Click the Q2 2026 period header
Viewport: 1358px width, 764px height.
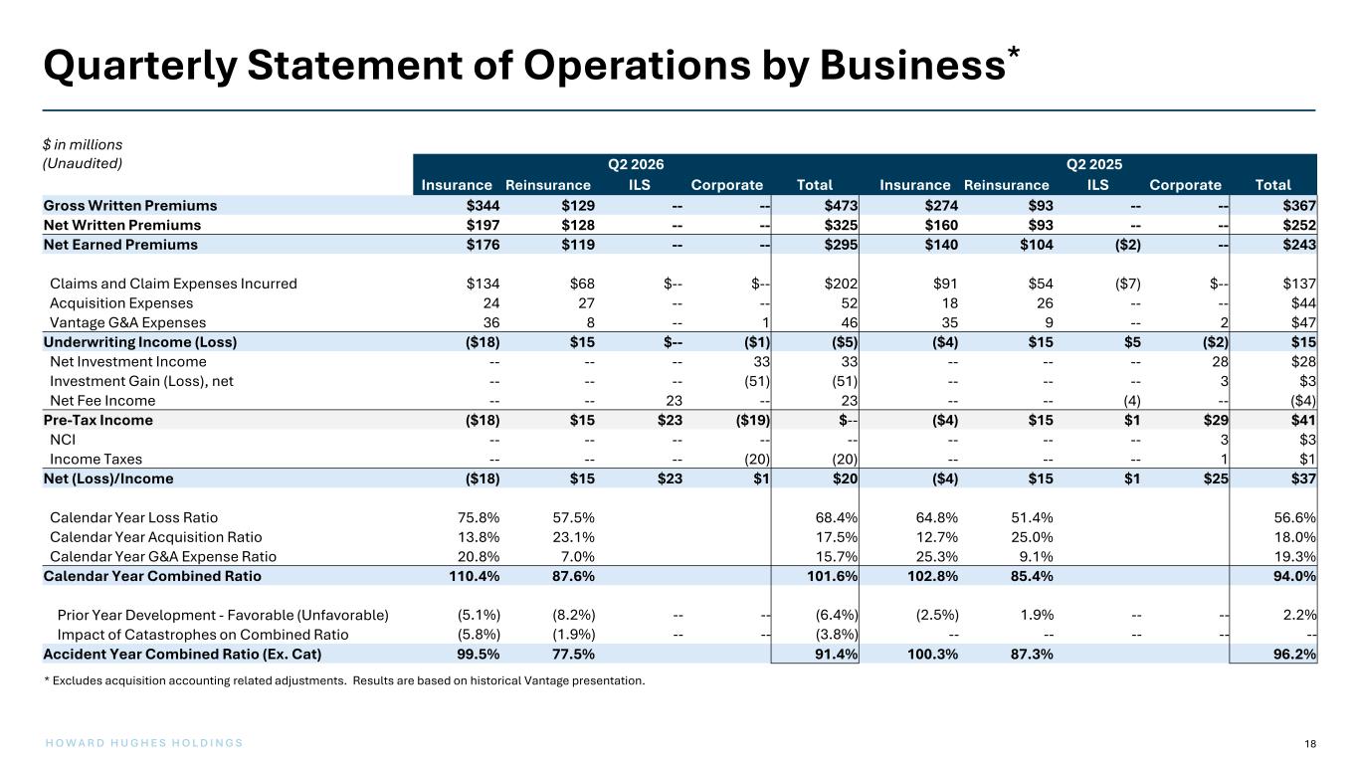[636, 164]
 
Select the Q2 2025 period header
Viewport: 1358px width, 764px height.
[1094, 164]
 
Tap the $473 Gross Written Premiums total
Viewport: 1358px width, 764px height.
[841, 206]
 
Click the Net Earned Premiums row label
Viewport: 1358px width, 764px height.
[120, 245]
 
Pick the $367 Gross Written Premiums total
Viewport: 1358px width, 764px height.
[1299, 206]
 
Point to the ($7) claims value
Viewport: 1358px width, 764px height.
[1127, 284]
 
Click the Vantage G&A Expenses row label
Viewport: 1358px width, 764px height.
[128, 322]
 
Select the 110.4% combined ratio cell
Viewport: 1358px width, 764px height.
[475, 576]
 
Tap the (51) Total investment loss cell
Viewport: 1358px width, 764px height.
[845, 381]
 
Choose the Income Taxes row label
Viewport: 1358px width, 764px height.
[96, 459]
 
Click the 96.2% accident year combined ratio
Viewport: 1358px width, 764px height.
[1294, 655]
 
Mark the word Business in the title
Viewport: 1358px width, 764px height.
[913, 65]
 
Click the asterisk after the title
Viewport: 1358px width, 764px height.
[1014, 52]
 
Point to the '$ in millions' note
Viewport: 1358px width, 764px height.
[83, 144]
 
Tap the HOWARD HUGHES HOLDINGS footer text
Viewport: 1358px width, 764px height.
[144, 743]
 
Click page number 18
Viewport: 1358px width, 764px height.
[1310, 744]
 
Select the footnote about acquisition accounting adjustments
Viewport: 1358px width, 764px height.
[344, 680]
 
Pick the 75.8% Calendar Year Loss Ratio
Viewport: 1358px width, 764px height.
[479, 518]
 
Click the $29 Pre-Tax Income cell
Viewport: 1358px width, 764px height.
[1216, 420]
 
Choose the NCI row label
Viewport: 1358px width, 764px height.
[63, 440]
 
